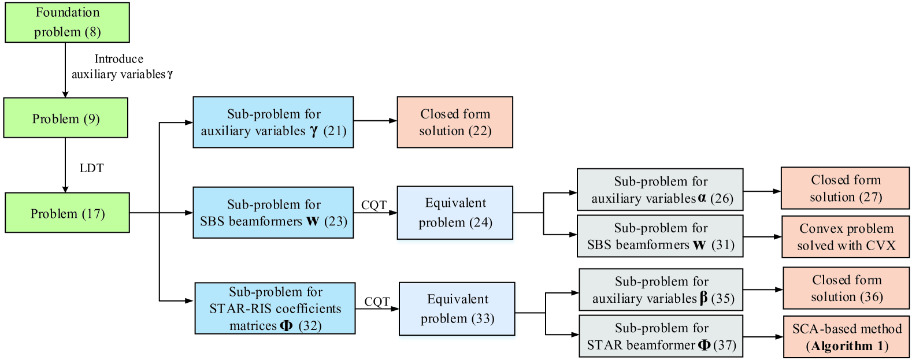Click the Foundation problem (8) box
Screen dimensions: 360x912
click(x=67, y=23)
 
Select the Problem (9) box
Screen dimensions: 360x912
click(x=66, y=118)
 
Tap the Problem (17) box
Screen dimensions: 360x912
click(x=67, y=213)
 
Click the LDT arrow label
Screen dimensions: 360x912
click(x=91, y=168)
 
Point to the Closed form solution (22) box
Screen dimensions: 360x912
click(x=455, y=123)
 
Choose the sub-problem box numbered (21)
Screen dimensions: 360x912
click(x=273, y=123)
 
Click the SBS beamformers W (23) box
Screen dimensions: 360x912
click(x=273, y=213)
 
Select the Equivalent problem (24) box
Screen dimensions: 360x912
click(x=455, y=213)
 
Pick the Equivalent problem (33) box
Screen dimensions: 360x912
click(x=457, y=309)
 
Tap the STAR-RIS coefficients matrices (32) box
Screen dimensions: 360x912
click(x=275, y=309)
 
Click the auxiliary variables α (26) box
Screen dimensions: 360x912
click(x=660, y=190)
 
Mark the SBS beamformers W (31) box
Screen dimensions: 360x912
click(x=660, y=236)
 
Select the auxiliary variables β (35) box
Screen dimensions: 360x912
click(x=661, y=290)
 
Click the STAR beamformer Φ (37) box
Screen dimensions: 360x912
click(x=661, y=336)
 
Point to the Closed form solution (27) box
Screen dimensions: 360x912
click(x=845, y=188)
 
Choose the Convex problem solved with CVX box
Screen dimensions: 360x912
click(x=846, y=237)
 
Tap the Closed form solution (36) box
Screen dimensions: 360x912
click(x=846, y=288)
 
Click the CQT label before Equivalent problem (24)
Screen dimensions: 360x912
click(x=373, y=205)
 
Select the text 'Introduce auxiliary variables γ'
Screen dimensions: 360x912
click(x=121, y=66)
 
